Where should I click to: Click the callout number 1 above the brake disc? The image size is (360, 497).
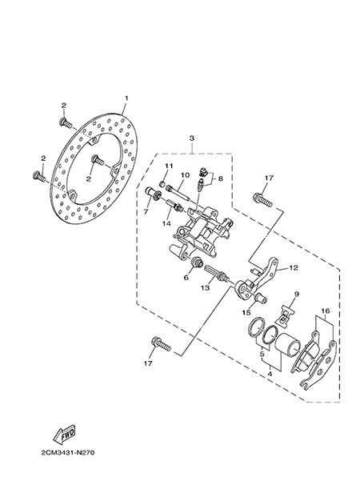126,98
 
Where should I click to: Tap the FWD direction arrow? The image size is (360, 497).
64,434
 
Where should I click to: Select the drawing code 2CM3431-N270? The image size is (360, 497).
68,452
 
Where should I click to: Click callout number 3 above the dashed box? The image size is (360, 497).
192,138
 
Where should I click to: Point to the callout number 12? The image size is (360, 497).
294,268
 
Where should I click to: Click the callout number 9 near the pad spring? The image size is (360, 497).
296,295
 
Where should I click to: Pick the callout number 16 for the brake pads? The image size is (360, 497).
326,311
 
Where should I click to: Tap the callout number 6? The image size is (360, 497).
186,278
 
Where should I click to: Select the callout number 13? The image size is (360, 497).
206,287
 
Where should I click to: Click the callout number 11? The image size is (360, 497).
169,166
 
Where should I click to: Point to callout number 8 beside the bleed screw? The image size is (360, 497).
220,178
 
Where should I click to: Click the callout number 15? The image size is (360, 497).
246,313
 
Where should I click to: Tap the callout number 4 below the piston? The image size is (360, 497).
270,374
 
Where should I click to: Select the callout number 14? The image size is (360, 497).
166,223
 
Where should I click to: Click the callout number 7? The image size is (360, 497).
146,212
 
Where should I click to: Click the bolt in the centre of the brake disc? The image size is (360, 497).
98,160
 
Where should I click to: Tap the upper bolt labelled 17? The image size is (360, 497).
262,200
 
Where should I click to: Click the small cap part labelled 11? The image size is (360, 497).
162,184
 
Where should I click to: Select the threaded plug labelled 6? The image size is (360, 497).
198,263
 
